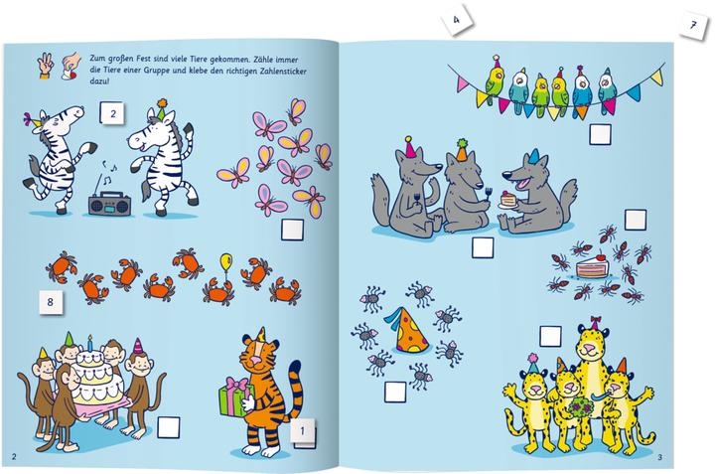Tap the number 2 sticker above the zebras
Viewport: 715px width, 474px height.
(113, 115)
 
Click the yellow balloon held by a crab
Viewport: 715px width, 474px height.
(226, 263)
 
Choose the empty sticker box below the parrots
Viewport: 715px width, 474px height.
(600, 134)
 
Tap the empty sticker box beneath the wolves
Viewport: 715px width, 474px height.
(483, 247)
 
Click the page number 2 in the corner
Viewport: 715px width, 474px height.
(13, 456)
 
